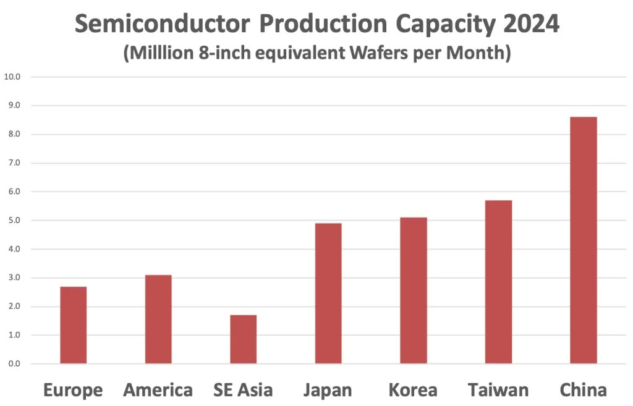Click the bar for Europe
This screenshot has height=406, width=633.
pos(74,325)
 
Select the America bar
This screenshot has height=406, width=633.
pos(158,319)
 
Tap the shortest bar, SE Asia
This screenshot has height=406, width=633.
pos(244,339)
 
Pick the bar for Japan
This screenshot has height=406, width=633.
pos(328,294)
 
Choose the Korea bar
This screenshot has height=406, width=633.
pos(414,290)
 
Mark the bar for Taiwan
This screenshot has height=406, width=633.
pos(498,282)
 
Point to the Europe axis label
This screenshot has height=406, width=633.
pos(73,391)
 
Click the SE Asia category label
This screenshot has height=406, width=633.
pos(243,391)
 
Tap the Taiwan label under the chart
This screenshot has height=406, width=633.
pos(498,391)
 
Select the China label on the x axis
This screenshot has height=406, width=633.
pos(584,391)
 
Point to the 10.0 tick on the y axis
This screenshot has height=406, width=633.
pos(12,77)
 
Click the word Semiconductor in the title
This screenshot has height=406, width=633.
pos(163,25)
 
